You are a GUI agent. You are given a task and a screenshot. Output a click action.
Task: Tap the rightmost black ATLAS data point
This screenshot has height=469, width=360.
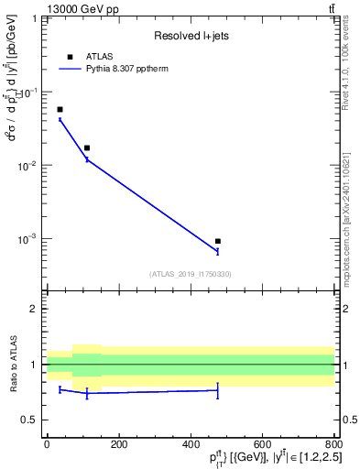(218, 241)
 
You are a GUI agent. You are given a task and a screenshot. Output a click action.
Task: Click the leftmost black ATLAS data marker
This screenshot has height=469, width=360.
(60, 109)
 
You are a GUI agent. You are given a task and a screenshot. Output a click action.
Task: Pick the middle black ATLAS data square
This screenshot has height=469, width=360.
(87, 147)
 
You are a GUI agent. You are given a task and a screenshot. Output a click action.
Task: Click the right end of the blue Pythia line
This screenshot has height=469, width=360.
(218, 252)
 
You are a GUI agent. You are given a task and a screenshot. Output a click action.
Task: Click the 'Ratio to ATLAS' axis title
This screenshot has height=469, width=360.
(13, 364)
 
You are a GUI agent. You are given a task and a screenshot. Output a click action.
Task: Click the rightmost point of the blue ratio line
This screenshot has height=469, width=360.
(218, 390)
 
